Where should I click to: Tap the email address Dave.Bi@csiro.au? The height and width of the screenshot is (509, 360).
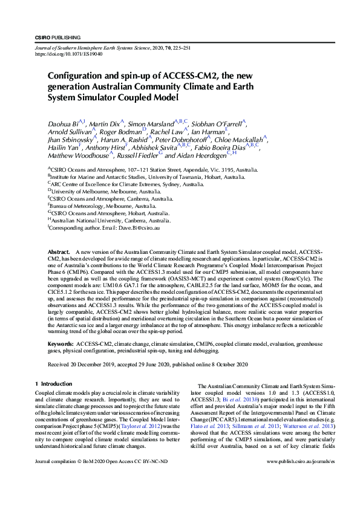click(x=133, y=229)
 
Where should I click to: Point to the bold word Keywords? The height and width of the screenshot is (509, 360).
click(x=61, y=343)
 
